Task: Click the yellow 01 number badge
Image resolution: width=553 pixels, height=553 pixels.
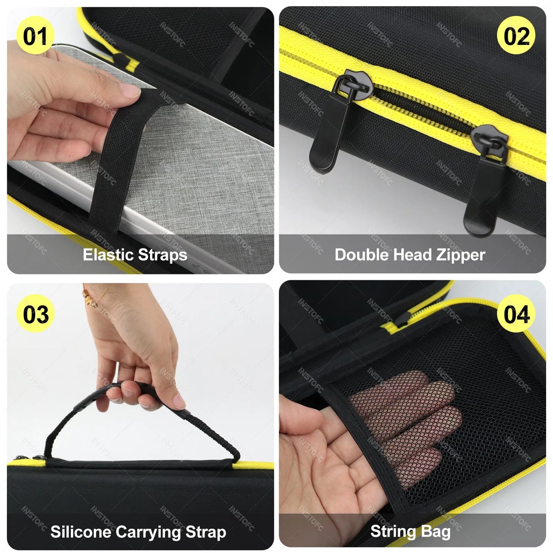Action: (35, 36)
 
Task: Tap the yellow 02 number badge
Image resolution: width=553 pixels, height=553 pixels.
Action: (516, 36)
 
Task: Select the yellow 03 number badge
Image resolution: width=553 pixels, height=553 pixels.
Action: (35, 314)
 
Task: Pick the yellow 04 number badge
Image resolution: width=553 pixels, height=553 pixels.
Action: (516, 314)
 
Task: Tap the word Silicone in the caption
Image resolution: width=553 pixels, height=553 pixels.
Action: (80, 532)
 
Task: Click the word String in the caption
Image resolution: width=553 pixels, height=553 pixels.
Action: (391, 532)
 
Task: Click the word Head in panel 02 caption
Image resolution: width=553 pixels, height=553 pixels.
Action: (411, 255)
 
